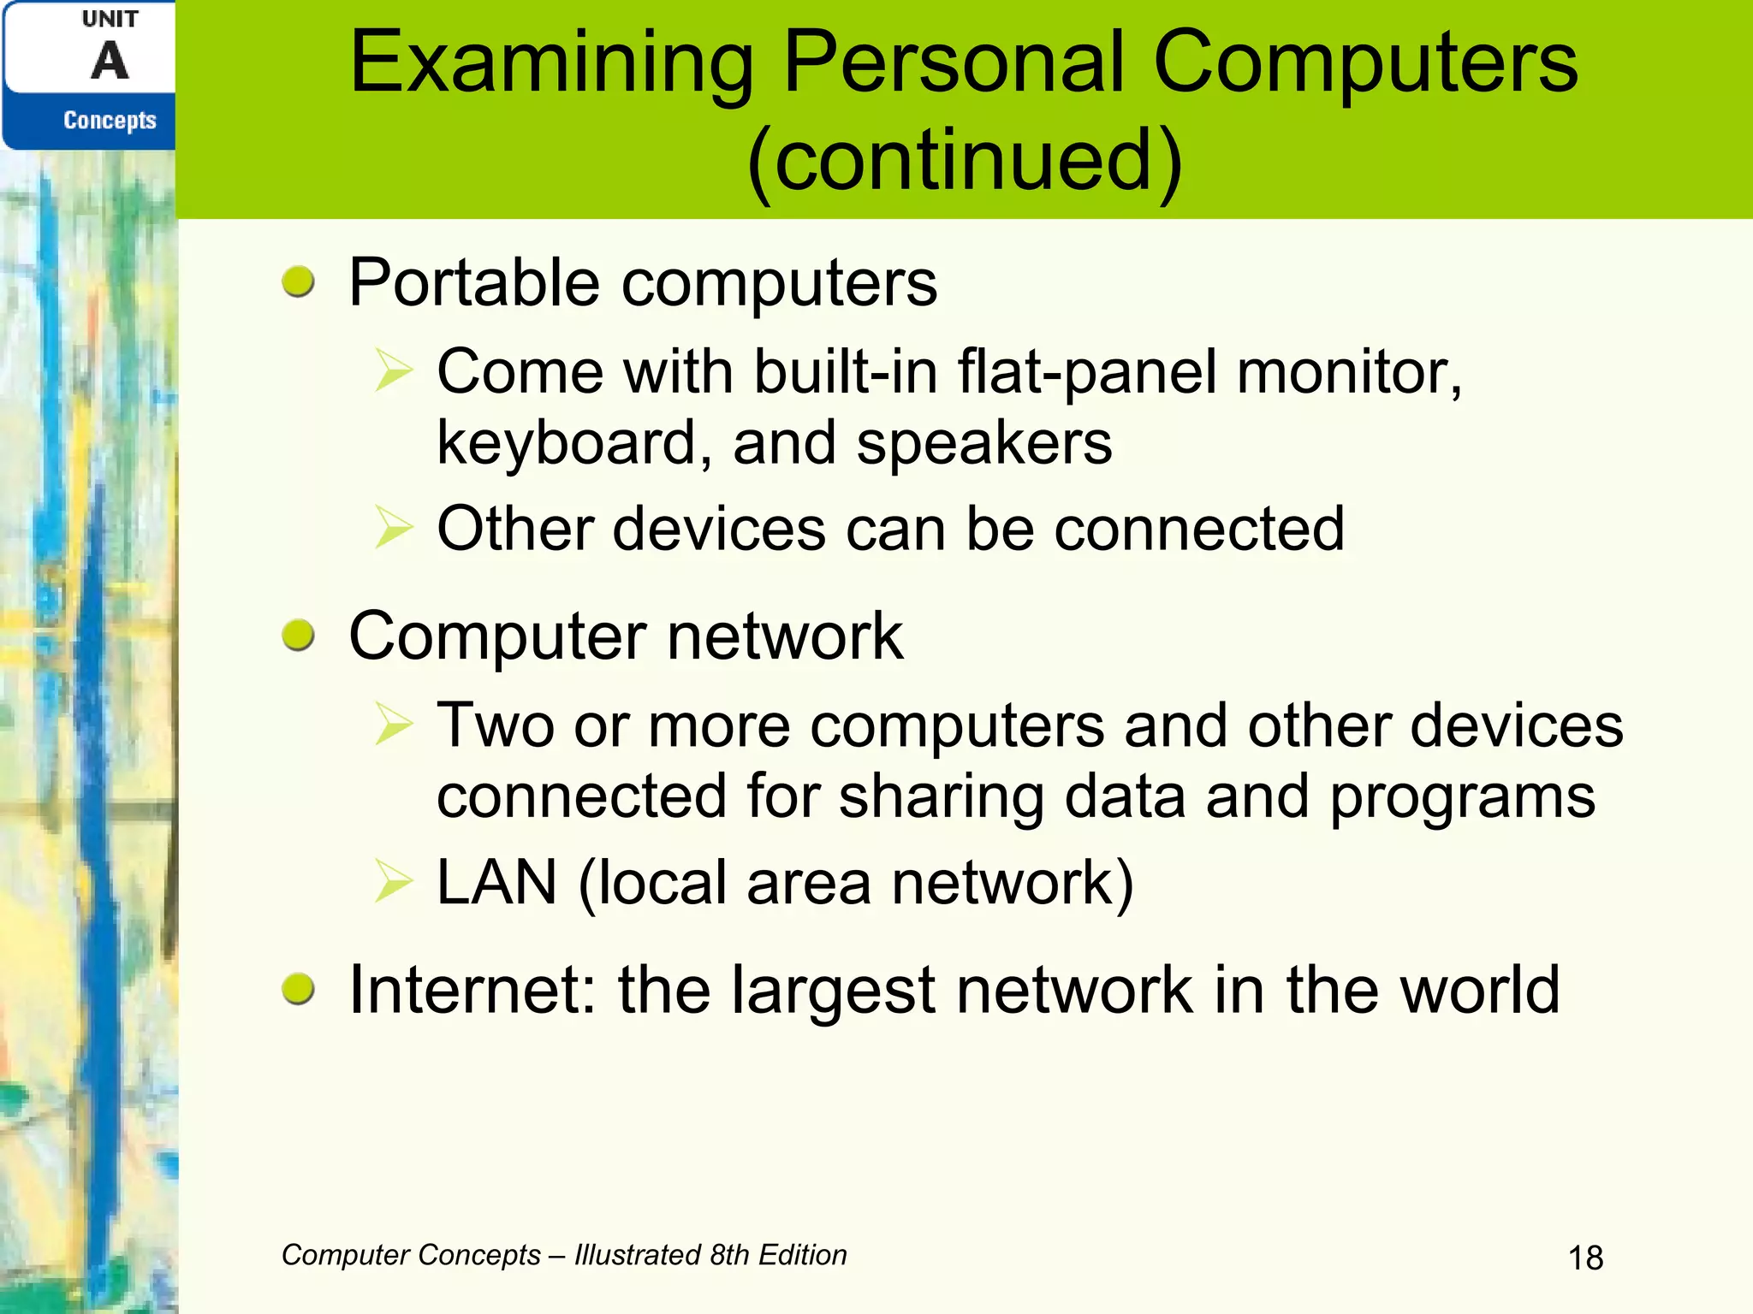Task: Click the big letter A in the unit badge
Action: point(110,62)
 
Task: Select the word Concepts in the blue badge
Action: point(110,121)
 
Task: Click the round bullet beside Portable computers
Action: point(298,281)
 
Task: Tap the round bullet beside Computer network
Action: point(298,636)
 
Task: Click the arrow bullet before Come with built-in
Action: point(394,371)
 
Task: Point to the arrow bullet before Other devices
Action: point(394,528)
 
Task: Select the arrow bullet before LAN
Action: point(394,882)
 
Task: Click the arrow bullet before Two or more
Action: point(394,725)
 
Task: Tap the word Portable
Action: point(474,283)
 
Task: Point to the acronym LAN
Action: point(496,882)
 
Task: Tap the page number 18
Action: point(1585,1258)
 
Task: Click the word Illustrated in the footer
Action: point(638,1255)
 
